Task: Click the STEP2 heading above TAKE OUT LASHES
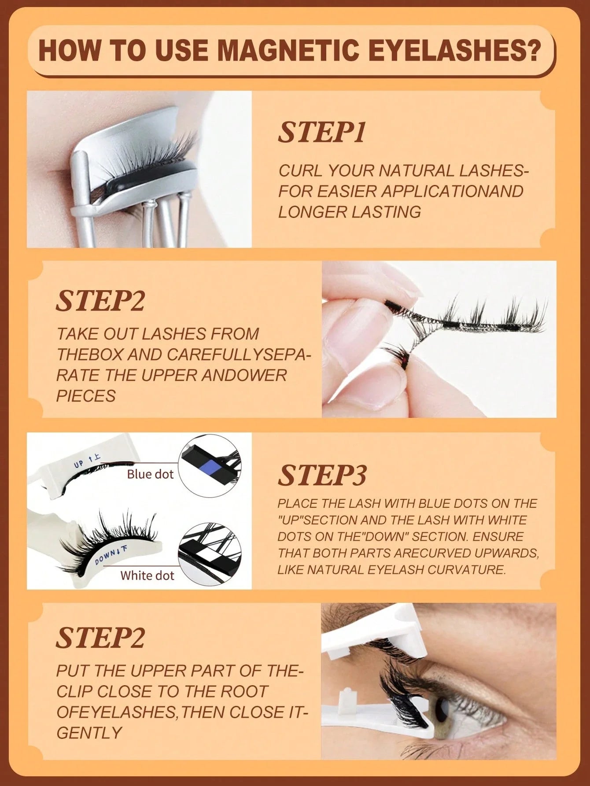100,301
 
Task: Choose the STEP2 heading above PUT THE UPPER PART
100,638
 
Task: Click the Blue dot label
150,474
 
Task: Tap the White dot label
147,575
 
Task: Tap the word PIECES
86,396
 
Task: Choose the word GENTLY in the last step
89,733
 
